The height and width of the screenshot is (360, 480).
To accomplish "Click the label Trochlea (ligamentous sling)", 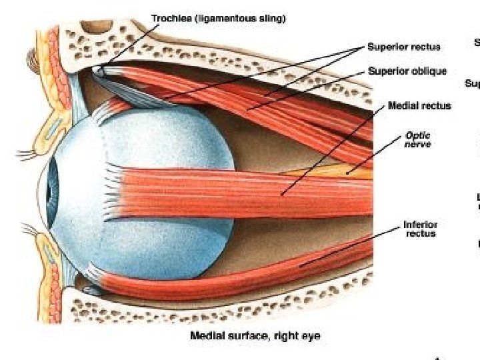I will coord(219,19).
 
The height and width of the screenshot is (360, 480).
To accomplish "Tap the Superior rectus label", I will coord(404,47).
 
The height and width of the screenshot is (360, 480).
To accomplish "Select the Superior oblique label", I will coord(407,71).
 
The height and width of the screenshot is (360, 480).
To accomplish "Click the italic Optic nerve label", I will coord(418,139).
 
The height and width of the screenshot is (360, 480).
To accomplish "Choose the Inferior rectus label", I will coord(420,229).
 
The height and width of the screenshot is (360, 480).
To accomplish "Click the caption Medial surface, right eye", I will coord(255,336).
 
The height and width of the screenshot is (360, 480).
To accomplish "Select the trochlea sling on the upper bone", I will coord(100,69).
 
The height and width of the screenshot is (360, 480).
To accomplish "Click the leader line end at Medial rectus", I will coord(283,195).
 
